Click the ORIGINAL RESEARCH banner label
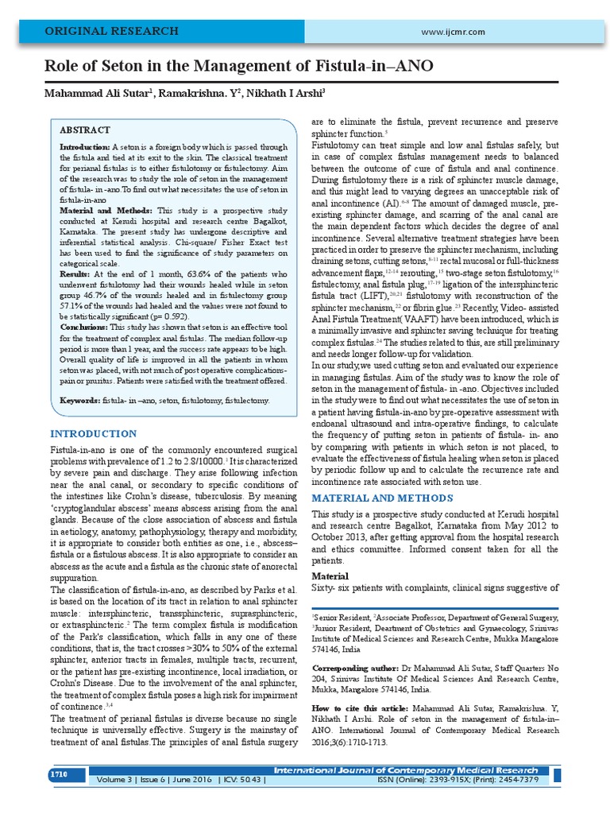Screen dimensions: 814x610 pyautogui.click(x=111, y=31)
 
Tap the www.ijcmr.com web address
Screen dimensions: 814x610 pyautogui.click(x=454, y=31)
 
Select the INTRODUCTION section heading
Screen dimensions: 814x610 pyautogui.click(x=93, y=433)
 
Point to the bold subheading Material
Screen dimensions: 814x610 pyautogui.click(x=330, y=576)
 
